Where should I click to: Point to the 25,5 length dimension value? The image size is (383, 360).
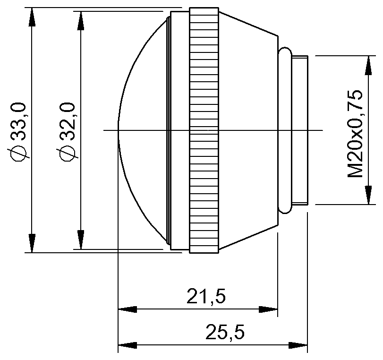coord(225,333)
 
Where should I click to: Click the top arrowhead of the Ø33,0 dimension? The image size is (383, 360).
coord(32,17)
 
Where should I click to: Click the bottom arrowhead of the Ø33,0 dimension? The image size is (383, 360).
coord(32,243)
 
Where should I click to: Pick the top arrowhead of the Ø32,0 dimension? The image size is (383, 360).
coord(81,21)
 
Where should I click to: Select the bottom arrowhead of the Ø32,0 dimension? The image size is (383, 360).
coord(81,240)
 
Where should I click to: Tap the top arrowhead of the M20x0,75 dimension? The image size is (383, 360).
coord(367,65)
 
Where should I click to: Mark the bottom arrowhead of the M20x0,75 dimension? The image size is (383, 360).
coord(367,196)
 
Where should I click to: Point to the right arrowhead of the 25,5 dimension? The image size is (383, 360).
coord(298,345)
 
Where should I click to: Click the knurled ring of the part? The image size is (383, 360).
coord(204,130)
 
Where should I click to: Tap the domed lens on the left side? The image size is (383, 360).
coord(142,130)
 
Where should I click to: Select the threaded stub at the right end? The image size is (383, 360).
coord(300,130)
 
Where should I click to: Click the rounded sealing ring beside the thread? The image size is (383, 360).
coord(284,130)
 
